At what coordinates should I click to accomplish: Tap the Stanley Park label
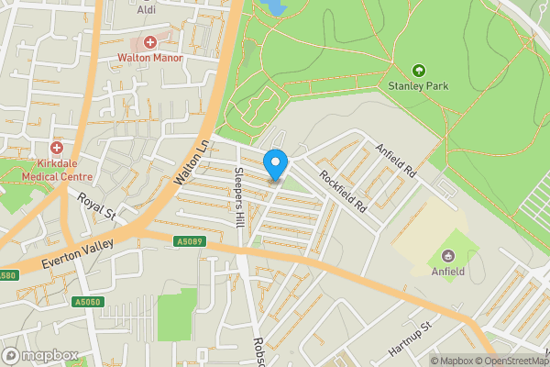tap(418, 87)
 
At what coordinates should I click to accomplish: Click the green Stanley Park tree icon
tap(419, 71)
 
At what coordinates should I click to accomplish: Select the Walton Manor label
tap(150, 57)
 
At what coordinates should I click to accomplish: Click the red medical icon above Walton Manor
tap(150, 42)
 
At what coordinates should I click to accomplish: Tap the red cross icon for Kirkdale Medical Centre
tap(57, 148)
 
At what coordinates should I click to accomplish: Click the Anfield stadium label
tap(448, 272)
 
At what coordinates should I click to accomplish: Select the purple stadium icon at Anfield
tap(448, 256)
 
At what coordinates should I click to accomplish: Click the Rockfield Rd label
tap(342, 190)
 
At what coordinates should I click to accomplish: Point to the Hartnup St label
tap(408, 339)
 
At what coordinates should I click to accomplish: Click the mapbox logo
tap(40, 355)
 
